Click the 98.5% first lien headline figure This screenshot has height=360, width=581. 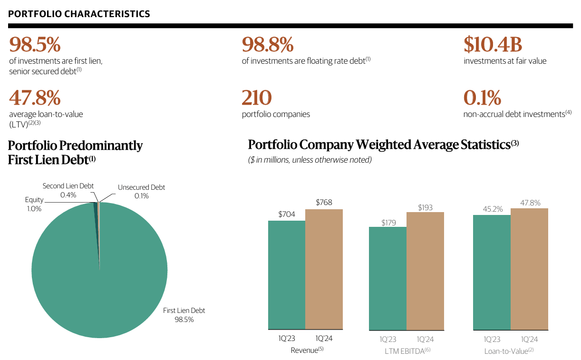point(35,45)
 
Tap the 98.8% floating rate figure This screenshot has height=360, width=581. point(268,45)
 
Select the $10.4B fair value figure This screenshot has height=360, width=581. point(493,45)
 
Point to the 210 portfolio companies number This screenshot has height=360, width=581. point(257,98)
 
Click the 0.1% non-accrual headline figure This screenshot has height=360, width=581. point(482,98)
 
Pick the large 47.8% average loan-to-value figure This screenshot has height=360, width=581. point(35,98)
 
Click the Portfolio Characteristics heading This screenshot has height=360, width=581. point(79,14)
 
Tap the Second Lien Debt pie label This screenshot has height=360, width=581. point(68,190)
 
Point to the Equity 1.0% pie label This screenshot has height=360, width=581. point(34,204)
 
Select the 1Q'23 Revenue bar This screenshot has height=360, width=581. point(287,275)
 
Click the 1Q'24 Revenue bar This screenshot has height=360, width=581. point(324,269)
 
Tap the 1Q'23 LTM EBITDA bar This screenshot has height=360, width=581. point(388,278)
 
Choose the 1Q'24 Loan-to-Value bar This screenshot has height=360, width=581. point(529,269)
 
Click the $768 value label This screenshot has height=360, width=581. point(324,203)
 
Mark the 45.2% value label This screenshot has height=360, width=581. point(492,208)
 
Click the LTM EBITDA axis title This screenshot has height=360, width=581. point(407,351)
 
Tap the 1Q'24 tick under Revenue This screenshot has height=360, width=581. point(324,339)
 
